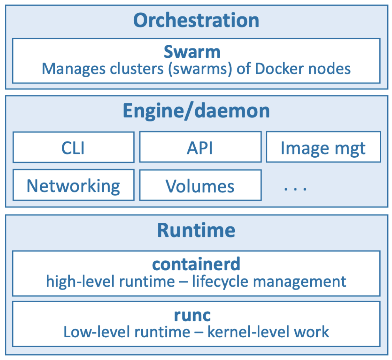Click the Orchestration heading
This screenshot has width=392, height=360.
196,20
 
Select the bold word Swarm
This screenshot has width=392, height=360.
192,52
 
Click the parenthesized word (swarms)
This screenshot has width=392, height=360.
200,69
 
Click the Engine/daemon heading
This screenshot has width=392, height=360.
196,111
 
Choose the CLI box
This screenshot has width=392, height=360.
73,147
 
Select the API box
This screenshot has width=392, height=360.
200,147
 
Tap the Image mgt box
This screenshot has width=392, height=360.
323,147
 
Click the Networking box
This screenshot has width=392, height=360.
73,186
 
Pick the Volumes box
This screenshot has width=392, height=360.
200,186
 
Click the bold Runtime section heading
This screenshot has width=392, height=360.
196,230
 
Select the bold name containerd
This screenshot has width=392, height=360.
196,264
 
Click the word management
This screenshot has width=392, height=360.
299,281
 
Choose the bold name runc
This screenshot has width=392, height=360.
192,315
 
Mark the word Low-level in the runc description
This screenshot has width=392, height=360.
97,332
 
